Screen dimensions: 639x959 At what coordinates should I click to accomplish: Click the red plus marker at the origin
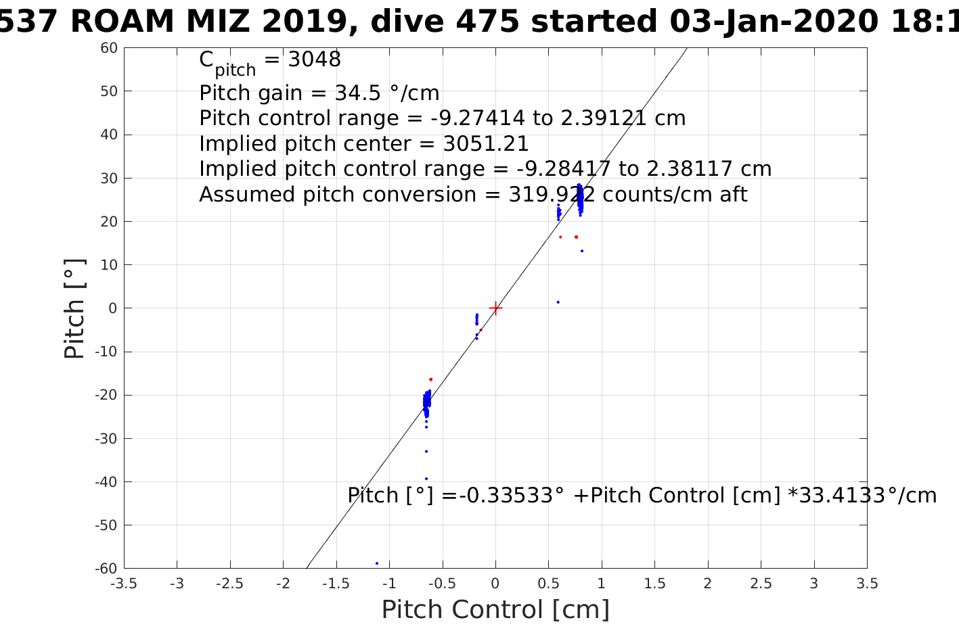495,308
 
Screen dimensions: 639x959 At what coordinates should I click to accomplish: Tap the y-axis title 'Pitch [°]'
74,308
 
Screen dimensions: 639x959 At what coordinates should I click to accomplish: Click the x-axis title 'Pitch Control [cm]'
495,610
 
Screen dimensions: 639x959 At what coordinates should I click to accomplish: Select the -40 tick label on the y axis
106,482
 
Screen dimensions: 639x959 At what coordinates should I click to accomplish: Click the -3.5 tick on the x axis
124,584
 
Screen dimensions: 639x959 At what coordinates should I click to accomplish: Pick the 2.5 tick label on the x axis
761,584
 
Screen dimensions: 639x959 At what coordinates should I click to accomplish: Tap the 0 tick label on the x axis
495,584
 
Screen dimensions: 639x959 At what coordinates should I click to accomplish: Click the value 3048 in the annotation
314,60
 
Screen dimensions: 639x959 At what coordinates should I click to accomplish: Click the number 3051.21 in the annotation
486,144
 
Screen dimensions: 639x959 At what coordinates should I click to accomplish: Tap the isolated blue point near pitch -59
377,563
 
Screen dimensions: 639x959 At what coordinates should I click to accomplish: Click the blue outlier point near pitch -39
426,479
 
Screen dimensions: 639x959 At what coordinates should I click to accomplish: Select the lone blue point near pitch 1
558,302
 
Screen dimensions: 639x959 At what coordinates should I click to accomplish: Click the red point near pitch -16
430,379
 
